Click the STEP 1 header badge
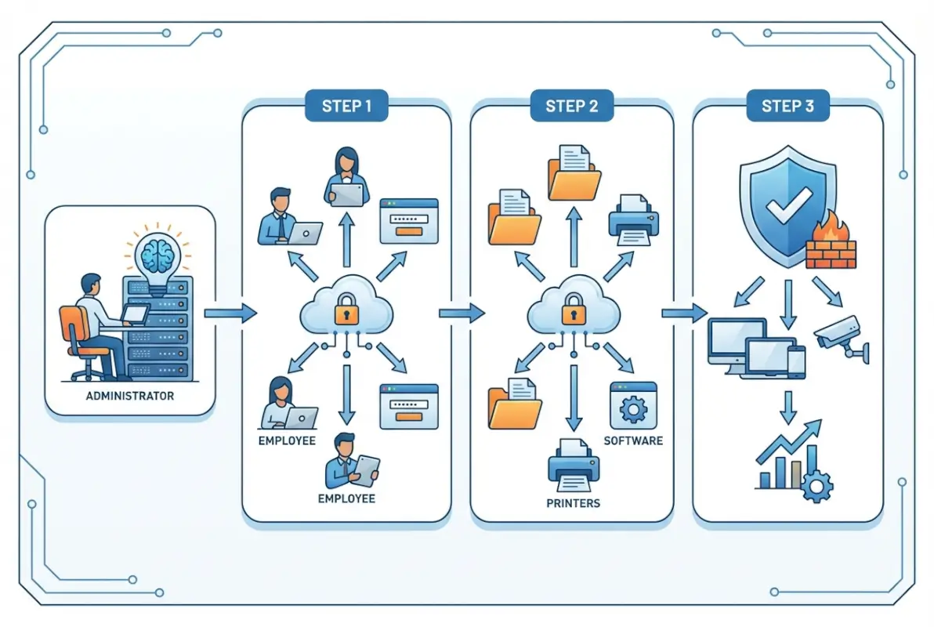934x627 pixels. point(346,107)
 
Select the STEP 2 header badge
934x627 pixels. point(570,107)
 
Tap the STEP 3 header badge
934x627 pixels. point(787,107)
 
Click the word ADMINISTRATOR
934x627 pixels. point(130,396)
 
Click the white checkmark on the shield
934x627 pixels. point(781,208)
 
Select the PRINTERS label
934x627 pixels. point(573,502)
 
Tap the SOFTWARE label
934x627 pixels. point(633,440)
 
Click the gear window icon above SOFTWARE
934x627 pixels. point(633,405)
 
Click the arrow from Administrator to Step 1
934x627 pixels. point(230,313)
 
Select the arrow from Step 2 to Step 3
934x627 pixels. point(682,313)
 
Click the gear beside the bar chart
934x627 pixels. point(816,487)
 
